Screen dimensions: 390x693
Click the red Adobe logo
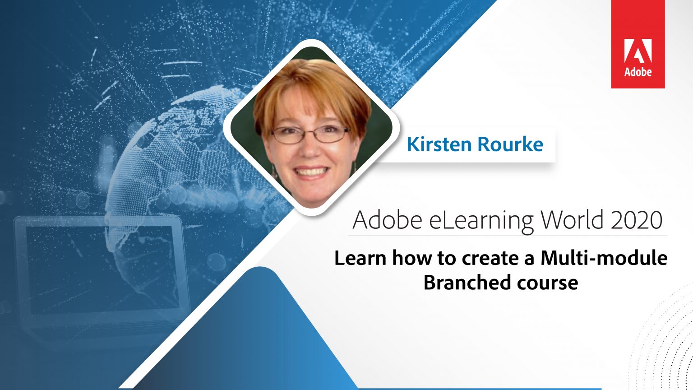[x=638, y=44]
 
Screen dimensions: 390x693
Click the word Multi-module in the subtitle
[x=604, y=258]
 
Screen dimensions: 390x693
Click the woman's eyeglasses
[x=310, y=134]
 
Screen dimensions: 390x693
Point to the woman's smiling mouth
[x=310, y=172]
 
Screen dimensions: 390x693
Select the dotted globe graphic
[x=180, y=149]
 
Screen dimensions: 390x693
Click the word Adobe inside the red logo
[x=638, y=72]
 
